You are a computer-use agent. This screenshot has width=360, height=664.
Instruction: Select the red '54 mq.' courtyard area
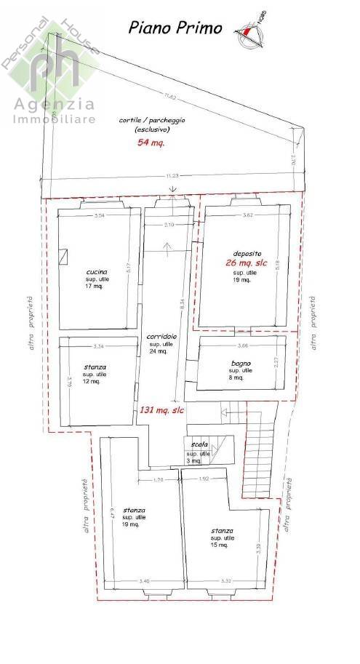click(151, 143)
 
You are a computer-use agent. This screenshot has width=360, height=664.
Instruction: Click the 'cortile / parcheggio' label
click(151, 120)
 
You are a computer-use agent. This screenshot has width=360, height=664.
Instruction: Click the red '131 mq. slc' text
click(161, 410)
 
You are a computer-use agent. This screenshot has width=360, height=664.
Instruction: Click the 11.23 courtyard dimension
click(172, 175)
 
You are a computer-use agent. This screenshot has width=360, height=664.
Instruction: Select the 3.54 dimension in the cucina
click(100, 215)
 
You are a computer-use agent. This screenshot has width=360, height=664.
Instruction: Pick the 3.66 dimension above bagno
click(243, 345)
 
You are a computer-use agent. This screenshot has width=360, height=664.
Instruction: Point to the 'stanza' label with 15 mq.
click(222, 531)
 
